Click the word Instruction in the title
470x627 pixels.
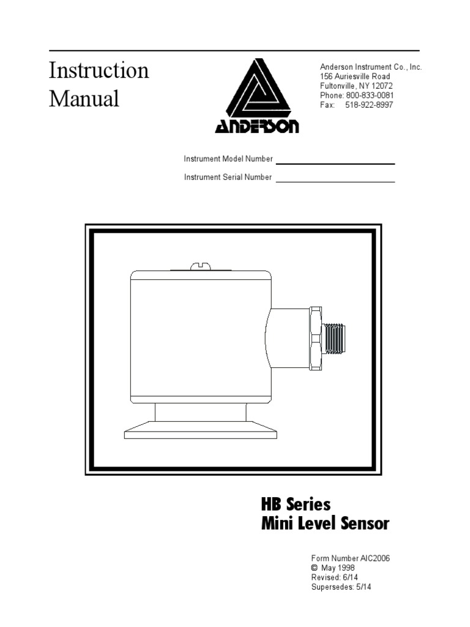[x=99, y=70]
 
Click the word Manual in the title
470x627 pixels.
[x=84, y=99]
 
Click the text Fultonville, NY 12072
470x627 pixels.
[x=356, y=86]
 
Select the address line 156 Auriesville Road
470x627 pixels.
[x=355, y=77]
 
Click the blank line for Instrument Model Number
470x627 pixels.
[x=335, y=163]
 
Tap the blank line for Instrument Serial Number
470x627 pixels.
[x=335, y=181]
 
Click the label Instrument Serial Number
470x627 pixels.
[x=228, y=178]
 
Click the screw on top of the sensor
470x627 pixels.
[x=200, y=266]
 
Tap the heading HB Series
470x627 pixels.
[x=296, y=505]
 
